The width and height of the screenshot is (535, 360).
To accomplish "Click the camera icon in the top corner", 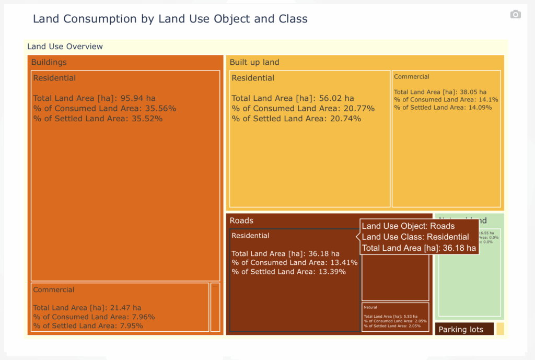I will click(515, 14).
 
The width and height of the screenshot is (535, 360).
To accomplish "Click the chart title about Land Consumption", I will click(170, 19).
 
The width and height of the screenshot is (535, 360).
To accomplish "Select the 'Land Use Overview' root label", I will click(65, 47).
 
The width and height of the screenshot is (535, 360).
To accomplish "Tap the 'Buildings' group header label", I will click(49, 62).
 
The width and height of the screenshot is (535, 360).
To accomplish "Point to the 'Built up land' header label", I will click(254, 62).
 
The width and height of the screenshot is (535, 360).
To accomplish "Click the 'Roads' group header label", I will click(241, 220).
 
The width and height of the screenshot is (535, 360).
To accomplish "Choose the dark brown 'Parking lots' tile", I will click(464, 329).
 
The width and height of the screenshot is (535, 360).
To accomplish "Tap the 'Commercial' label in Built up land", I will click(412, 77).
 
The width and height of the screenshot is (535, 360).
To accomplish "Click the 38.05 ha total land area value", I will click(472, 91).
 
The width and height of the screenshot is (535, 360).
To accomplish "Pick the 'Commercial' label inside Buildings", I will click(54, 289).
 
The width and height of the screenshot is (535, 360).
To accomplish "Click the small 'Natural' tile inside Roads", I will click(395, 317).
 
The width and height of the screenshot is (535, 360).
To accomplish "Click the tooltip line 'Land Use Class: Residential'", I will click(415, 237).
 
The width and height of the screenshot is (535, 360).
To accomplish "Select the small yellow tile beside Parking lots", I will click(500, 329).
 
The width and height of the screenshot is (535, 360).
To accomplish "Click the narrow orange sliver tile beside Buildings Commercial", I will click(215, 307).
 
